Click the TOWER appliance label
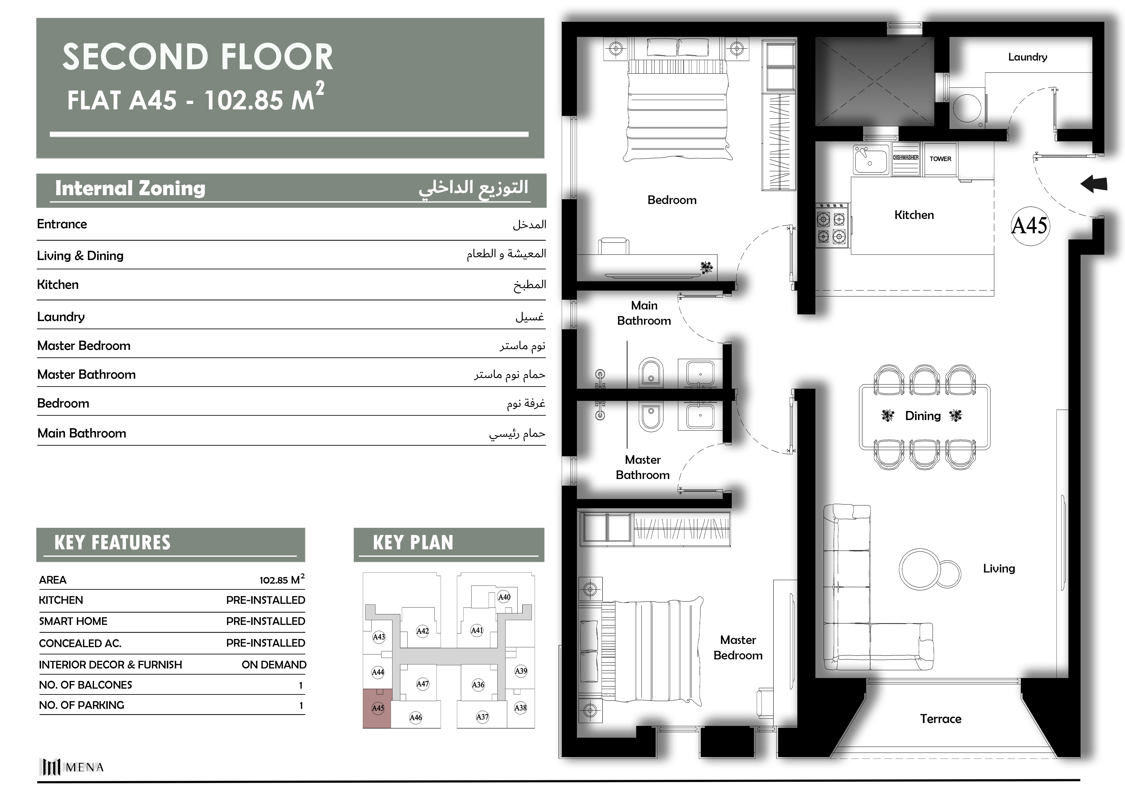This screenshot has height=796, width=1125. [x=940, y=159]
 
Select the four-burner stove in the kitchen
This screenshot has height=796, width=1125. [x=832, y=226]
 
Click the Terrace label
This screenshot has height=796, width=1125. [x=940, y=719]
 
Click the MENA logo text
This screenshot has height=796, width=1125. [x=85, y=767]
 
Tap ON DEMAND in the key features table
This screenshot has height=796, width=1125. [x=274, y=665]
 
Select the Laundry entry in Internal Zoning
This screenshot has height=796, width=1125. [x=61, y=317]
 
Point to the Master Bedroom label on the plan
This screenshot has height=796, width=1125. [x=738, y=647]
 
